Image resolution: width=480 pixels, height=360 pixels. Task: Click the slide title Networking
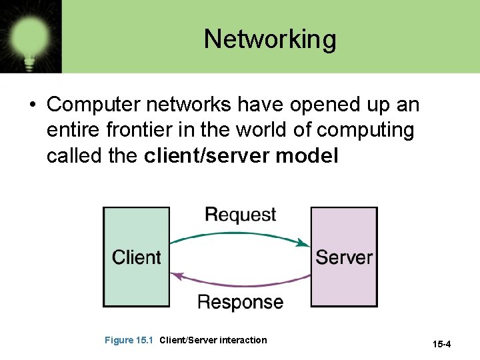(270, 39)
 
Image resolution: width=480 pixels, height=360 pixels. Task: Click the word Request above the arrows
(240, 215)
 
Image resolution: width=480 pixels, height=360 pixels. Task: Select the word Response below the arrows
(240, 302)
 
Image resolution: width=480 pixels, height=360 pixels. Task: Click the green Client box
(136, 257)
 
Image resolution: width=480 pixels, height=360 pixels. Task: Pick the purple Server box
(344, 257)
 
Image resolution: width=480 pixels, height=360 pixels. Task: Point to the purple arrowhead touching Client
(176, 274)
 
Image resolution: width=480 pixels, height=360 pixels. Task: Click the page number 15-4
(442, 345)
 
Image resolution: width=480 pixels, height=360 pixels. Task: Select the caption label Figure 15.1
(129, 341)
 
